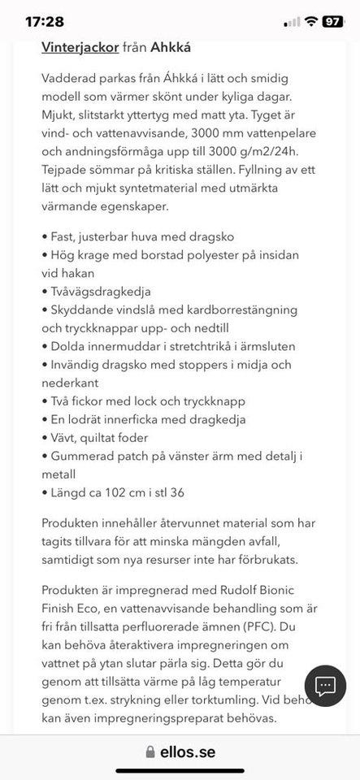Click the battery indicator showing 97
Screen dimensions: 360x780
tap(333, 22)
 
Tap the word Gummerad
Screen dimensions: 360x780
tap(82, 456)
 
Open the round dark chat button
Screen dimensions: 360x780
tap(326, 687)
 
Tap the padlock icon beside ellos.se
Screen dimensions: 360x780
tap(150, 752)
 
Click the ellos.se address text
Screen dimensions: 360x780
tap(188, 752)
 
